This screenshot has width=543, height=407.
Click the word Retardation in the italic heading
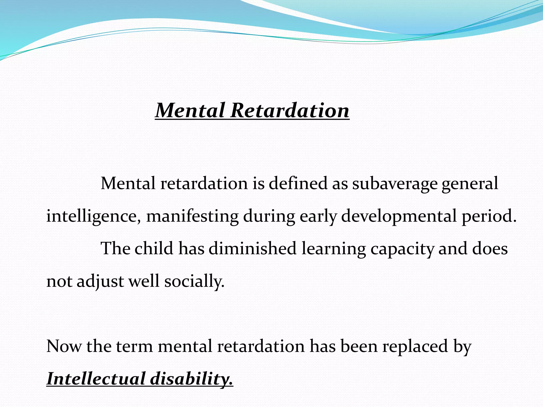(290, 110)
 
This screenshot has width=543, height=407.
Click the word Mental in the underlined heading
(190, 110)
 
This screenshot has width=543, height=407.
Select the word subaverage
(395, 184)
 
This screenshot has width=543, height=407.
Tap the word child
(154, 248)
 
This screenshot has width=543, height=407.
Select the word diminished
(252, 248)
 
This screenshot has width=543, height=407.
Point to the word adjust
(100, 281)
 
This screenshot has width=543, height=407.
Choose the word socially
(194, 281)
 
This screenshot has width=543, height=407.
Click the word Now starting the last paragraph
(64, 346)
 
